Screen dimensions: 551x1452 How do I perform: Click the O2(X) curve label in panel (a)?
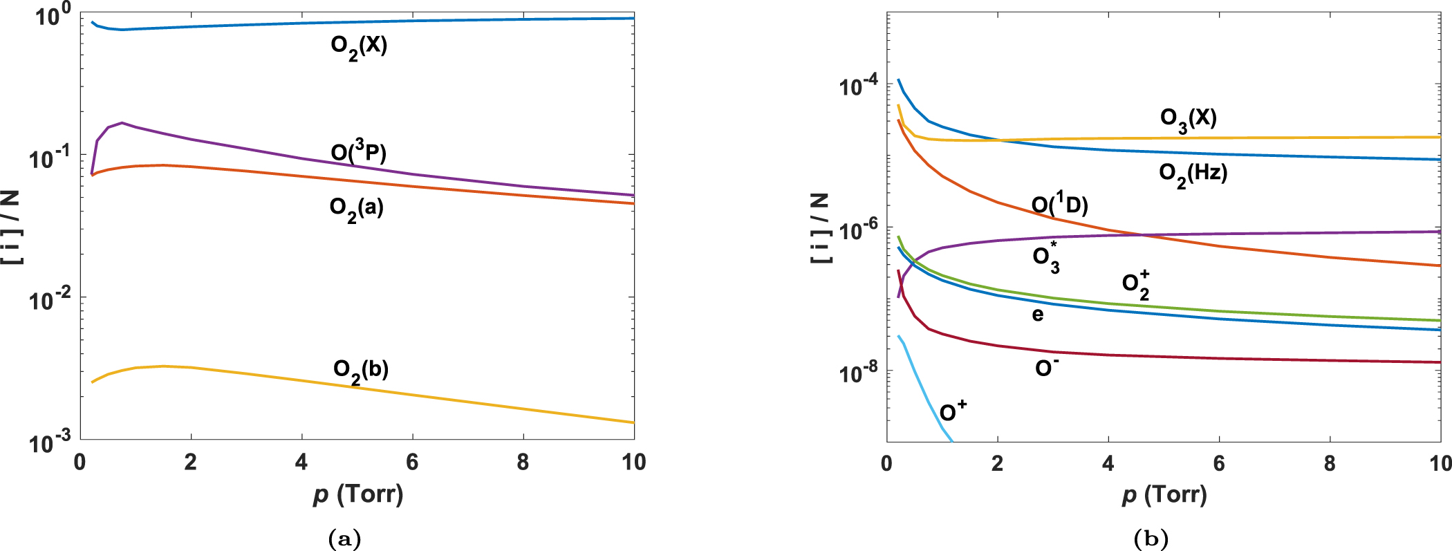tap(359, 47)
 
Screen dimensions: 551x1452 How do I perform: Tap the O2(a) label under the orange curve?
tap(356, 209)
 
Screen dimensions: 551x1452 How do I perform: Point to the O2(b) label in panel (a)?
tap(360, 371)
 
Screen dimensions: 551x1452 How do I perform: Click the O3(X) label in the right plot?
tap(1188, 119)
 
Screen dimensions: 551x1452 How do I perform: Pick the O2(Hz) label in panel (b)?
tap(1193, 174)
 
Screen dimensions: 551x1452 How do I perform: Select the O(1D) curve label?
tap(1059, 205)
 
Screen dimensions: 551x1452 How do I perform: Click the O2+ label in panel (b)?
tap(1135, 285)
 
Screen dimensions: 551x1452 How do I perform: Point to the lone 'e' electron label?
tap(1037, 315)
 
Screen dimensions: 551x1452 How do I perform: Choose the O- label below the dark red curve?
tap(1046, 368)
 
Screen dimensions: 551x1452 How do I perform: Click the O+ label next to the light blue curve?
tap(953, 412)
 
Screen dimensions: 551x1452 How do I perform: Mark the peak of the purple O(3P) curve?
tap(122, 123)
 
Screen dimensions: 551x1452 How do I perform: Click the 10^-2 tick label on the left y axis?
tap(50, 299)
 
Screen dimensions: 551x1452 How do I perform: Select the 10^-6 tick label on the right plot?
tap(859, 230)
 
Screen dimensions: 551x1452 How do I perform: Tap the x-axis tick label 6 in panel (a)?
tap(412, 463)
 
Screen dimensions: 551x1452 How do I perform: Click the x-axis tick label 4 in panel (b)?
tap(1108, 464)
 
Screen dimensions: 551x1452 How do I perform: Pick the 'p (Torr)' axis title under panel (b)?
tap(1164, 495)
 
